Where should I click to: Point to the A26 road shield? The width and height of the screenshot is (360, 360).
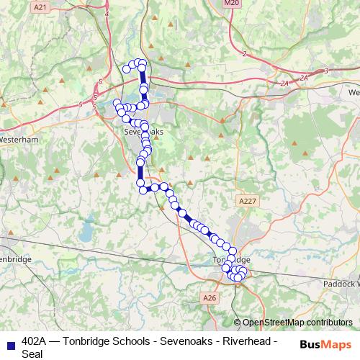click(x=210, y=297)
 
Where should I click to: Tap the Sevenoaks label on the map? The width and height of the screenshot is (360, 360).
click(x=144, y=132)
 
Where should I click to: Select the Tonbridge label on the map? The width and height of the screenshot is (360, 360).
click(x=232, y=259)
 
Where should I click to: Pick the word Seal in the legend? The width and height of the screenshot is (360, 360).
click(x=32, y=354)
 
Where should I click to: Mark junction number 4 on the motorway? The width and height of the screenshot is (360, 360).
click(x=107, y=14)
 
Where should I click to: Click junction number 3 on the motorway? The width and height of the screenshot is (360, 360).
click(x=326, y=71)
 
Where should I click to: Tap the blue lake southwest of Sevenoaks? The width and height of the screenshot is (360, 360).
click(x=87, y=232)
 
